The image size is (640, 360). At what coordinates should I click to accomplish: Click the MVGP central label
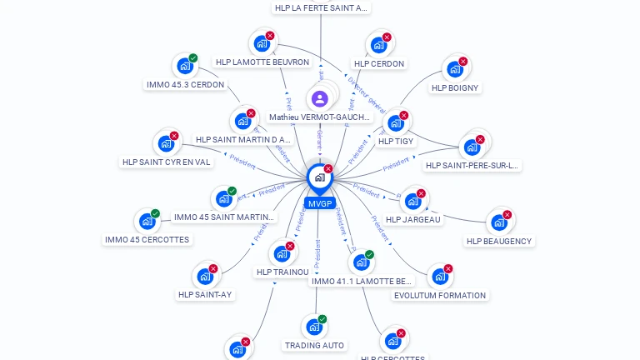tap(320, 203)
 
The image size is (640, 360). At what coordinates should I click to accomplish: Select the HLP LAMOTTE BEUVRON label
tap(262, 62)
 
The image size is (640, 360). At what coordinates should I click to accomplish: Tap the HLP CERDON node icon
tap(378, 44)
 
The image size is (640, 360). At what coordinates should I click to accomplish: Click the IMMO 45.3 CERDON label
tap(185, 84)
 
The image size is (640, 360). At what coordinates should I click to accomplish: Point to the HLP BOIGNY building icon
tap(455, 68)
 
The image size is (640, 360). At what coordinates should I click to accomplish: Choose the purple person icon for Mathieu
tap(320, 99)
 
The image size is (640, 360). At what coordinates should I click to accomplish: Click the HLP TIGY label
tap(396, 142)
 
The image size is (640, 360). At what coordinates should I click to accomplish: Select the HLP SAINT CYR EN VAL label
tap(167, 162)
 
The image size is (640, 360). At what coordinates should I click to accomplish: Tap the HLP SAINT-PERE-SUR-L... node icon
tap(472, 147)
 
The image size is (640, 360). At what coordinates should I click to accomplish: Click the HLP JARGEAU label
tap(414, 219)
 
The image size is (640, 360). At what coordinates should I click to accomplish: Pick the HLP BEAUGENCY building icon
tap(498, 222)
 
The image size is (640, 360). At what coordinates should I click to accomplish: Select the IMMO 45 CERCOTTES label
tap(147, 239)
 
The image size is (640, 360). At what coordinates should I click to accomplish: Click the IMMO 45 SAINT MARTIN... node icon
tap(223, 198)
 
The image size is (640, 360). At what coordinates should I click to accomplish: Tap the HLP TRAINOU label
tap(282, 272)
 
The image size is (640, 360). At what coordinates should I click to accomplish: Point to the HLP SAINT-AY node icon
tap(205, 277)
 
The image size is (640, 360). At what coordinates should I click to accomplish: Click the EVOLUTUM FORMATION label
tap(440, 295)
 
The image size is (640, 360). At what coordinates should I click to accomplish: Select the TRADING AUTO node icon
tap(313, 327)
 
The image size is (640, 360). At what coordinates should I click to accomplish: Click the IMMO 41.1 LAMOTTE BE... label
tap(362, 281)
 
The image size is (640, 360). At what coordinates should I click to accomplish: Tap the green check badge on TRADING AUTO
tap(322, 319)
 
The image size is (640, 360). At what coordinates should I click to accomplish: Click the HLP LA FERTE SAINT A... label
tap(320, 7)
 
